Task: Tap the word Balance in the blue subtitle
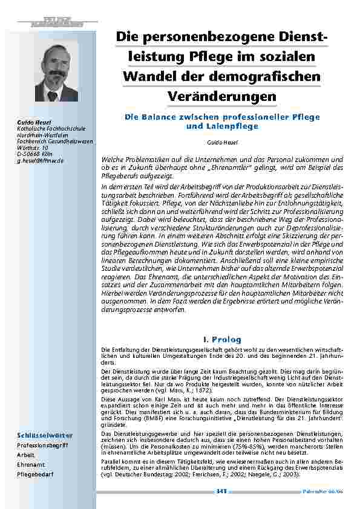click(x=163, y=116)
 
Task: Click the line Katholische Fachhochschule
click(x=42, y=129)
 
